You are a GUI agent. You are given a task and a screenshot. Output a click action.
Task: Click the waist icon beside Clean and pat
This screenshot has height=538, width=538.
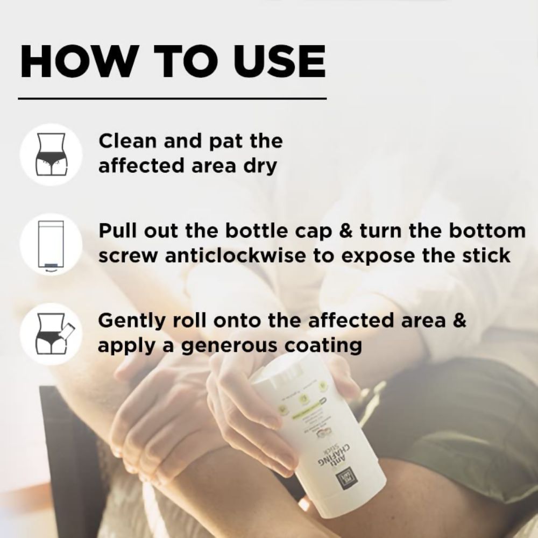point(51,154)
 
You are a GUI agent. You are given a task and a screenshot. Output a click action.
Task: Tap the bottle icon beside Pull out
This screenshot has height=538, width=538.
point(51,244)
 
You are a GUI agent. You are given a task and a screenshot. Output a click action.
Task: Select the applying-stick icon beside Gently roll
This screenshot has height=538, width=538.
point(51,334)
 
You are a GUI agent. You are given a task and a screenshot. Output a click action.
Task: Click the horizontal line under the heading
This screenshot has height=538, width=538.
point(172,99)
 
